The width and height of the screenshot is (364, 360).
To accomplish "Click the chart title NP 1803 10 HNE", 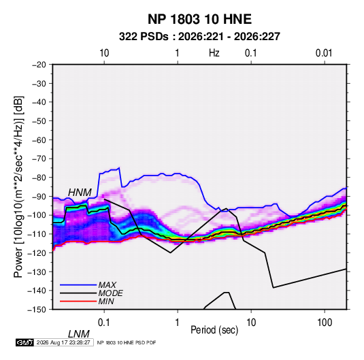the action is [199, 19].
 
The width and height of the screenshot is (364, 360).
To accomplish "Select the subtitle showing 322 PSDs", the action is [199, 37].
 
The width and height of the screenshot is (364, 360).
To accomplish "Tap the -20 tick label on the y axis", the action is [39, 65].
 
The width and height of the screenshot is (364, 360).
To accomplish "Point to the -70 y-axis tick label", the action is [39, 159].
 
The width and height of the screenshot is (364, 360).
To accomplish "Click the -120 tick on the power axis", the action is [37, 253].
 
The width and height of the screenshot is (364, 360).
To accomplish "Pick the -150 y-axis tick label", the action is [37, 310].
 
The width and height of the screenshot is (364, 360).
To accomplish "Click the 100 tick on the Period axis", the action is [325, 323].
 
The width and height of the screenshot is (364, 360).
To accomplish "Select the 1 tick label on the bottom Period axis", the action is [178, 323].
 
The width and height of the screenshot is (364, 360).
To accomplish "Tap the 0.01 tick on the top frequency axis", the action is [324, 53].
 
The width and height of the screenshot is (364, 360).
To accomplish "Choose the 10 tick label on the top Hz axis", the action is [104, 53].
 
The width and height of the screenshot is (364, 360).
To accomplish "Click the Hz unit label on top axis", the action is [214, 53].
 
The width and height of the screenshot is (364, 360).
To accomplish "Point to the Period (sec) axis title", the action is [214, 330].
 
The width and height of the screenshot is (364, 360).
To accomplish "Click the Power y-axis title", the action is [18, 186].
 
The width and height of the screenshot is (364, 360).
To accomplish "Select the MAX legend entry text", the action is [107, 284].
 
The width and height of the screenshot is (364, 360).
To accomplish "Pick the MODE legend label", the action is [110, 293].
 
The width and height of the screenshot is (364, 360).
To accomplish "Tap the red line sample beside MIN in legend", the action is [78, 301].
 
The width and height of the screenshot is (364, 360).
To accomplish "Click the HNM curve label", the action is [80, 193].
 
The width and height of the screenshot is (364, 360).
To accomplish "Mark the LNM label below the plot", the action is [79, 334].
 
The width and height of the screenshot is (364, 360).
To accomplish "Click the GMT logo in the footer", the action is [25, 342].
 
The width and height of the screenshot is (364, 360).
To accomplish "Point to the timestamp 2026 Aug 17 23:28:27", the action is [63, 342].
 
